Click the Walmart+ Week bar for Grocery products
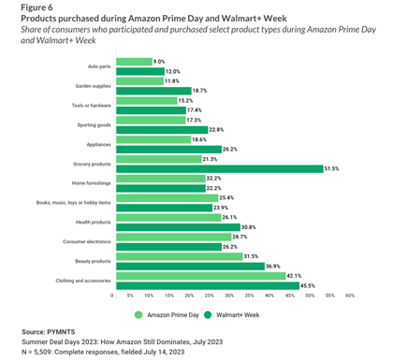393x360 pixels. point(220,169)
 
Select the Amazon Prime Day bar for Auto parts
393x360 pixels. point(135,62)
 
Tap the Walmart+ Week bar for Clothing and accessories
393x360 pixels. point(208,286)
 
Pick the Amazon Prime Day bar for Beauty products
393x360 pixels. point(180,256)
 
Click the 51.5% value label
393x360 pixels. point(331,169)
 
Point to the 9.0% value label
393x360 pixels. point(159,62)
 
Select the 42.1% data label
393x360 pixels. point(294,276)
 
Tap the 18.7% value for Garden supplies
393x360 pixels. point(199,91)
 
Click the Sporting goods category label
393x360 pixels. point(94,125)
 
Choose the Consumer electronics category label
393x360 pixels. point(87,241)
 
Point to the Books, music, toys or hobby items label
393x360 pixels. point(74,203)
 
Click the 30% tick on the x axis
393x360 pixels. point(229,295)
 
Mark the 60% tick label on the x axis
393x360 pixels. point(350,295)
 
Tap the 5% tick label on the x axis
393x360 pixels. point(130,295)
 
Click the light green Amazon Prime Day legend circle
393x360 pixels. point(138,315)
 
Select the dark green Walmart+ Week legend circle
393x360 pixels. point(208,315)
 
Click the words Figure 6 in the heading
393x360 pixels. point(36,7)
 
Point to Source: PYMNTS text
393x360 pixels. point(49,332)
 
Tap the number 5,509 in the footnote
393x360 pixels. point(39,353)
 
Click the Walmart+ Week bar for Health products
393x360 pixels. point(179,227)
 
